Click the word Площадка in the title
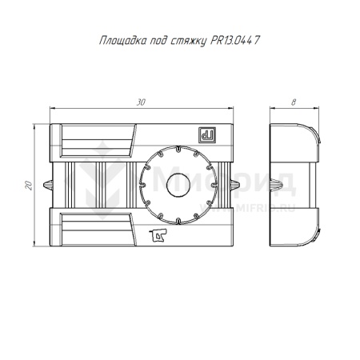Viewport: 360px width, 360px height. tap(123, 41)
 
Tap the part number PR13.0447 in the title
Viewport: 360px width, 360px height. tap(235, 40)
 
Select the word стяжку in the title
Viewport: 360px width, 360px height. tap(189, 42)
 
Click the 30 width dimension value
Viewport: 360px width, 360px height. tap(141, 102)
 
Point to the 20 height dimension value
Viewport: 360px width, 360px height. tap(28, 185)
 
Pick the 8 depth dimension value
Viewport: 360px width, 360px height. tap(294, 102)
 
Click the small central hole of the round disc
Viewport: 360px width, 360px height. tap(178, 185)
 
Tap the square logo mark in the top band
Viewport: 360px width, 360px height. tap(207, 135)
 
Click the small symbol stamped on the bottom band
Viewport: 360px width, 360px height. tap(158, 235)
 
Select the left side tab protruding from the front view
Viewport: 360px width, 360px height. tap(48, 185)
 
